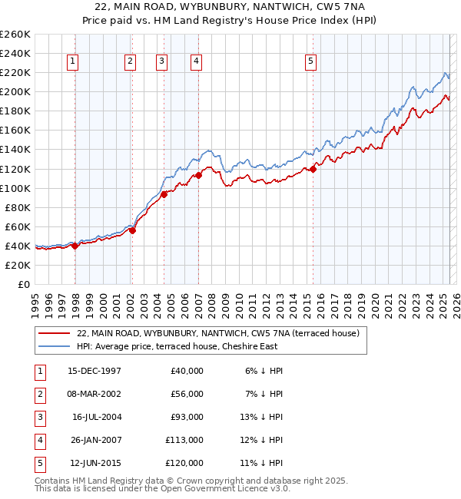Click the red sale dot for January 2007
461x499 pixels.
198,175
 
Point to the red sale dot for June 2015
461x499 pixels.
313,169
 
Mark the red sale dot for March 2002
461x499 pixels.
132,230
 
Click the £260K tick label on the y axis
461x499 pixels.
15,34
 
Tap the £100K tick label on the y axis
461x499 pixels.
15,188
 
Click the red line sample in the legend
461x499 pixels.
54,333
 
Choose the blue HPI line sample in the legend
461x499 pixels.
54,346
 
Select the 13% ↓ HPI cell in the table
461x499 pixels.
263,417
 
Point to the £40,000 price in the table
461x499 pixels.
185,371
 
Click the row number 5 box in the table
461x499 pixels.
39,463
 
